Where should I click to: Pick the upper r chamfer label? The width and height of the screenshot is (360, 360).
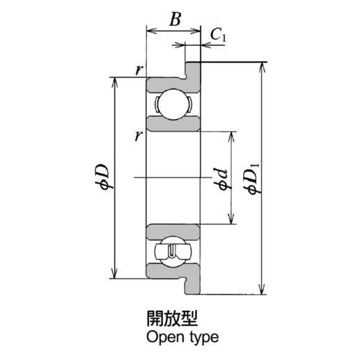point(139,70)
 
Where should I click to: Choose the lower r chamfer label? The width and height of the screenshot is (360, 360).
point(139,134)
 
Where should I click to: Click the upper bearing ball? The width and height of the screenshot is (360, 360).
point(173,105)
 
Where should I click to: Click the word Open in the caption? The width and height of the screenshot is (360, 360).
point(162,338)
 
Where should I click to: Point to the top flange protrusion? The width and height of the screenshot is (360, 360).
point(193,69)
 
